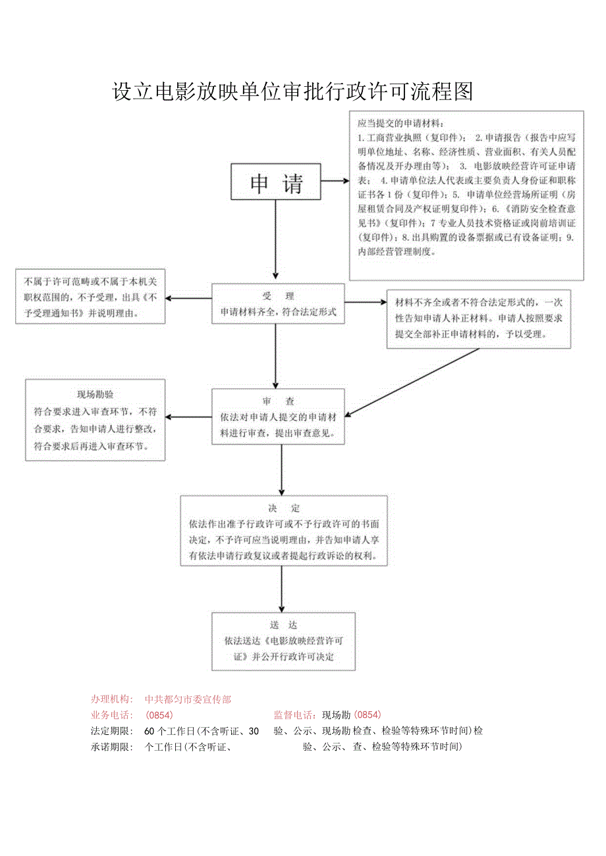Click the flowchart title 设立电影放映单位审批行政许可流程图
click(293, 91)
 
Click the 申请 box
click(276, 182)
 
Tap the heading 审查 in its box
click(277, 401)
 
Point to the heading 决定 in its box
click(284, 508)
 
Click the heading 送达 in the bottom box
click(283, 624)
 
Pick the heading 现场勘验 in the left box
click(95, 395)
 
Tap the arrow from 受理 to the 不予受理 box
click(188, 299)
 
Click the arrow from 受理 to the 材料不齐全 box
click(366, 303)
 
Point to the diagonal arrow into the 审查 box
click(412, 382)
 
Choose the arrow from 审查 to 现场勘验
click(188, 417)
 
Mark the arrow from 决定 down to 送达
click(282, 588)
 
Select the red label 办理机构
click(112, 699)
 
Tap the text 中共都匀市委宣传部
click(188, 699)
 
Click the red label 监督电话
click(294, 715)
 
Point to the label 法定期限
click(112, 730)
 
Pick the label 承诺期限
click(112, 747)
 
